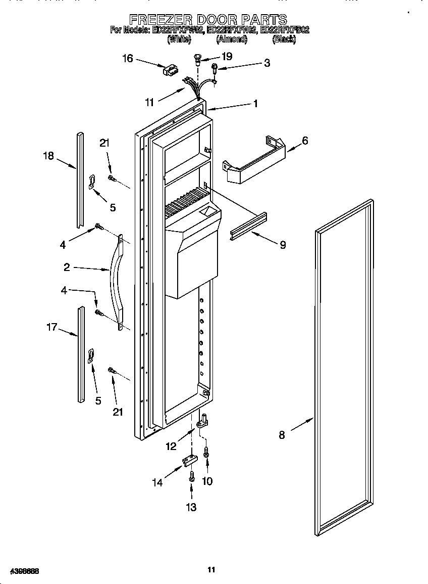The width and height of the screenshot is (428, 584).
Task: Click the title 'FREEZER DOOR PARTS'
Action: coord(208,20)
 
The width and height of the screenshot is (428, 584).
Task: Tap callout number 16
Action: coord(127,59)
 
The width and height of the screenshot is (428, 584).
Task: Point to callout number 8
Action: coord(282,434)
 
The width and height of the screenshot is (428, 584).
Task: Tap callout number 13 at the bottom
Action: coord(191,507)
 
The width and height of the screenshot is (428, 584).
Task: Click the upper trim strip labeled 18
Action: coord(80,179)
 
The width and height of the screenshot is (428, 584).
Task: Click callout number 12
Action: coord(171,446)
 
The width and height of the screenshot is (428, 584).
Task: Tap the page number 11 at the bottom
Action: coord(211,570)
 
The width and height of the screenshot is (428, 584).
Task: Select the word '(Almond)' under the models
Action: coord(232,39)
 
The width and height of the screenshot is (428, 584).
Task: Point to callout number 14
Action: coord(158,482)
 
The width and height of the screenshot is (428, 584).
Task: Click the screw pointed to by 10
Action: coord(206,453)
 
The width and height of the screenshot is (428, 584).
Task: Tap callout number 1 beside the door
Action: coord(255,104)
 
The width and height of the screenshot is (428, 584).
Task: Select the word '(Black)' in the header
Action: coord(284,39)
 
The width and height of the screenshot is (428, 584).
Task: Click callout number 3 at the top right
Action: coord(266,63)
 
